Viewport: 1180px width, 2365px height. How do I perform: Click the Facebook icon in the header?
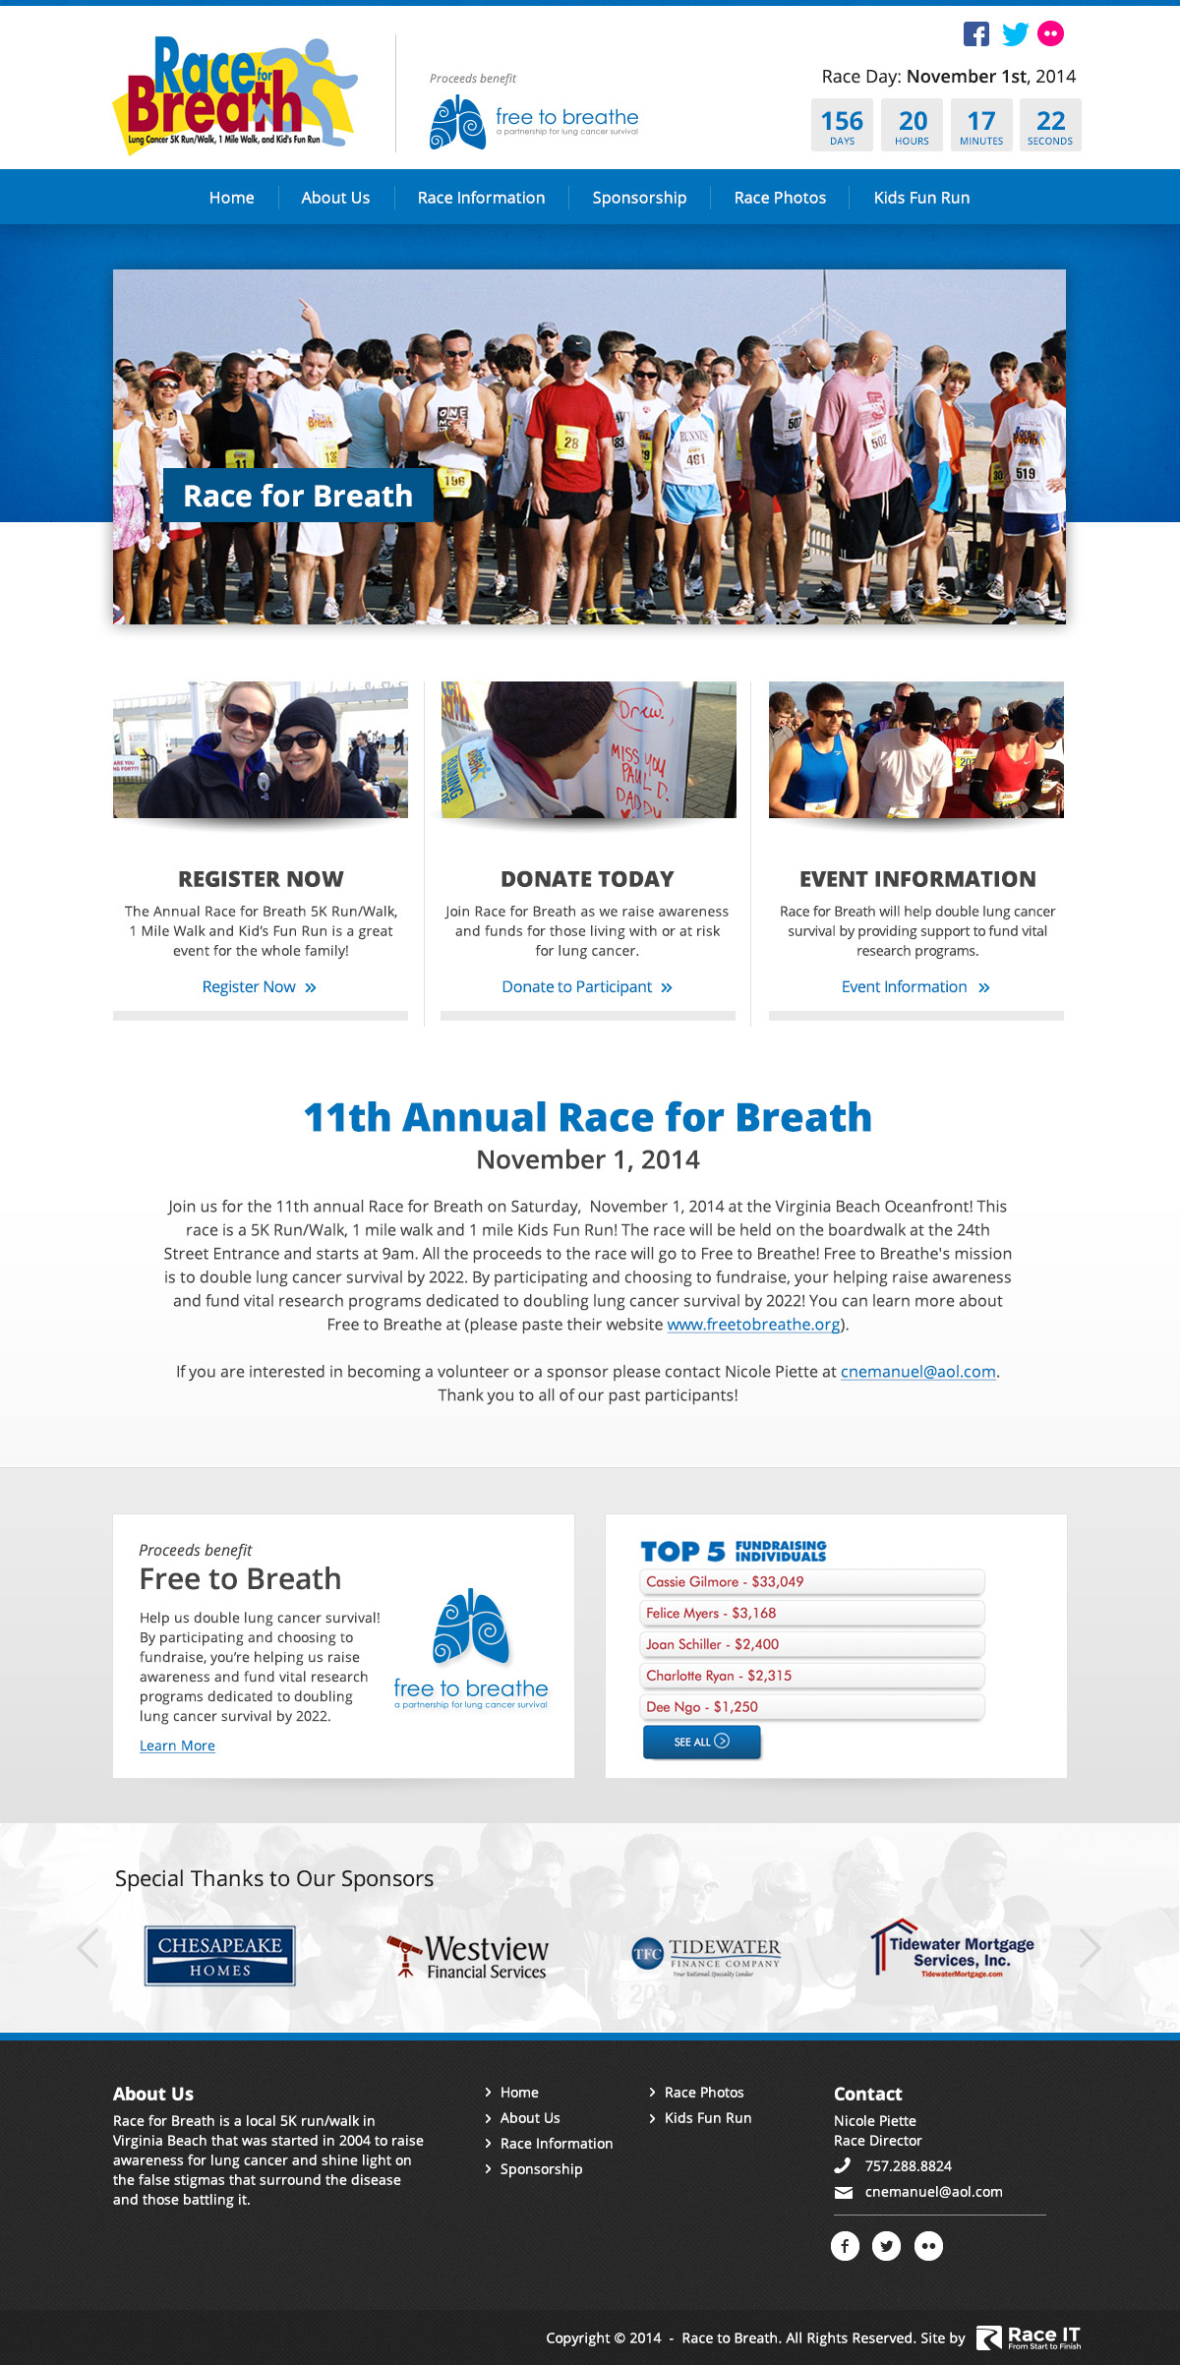click(x=975, y=33)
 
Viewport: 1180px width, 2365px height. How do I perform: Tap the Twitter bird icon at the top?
click(x=1015, y=33)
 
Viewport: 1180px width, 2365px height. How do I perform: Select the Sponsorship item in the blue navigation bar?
click(x=639, y=198)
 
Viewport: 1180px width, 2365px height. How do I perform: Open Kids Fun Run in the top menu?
click(x=921, y=198)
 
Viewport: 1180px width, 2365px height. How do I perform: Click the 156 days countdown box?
click(x=842, y=125)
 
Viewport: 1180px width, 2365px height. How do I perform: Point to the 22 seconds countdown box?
click(x=1050, y=125)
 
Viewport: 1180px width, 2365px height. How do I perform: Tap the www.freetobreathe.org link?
click(x=753, y=1325)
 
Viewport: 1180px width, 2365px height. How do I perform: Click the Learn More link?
click(x=177, y=1745)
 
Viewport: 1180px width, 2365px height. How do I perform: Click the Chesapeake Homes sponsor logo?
click(x=220, y=1956)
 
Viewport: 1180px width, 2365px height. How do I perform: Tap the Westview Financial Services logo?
click(x=469, y=1956)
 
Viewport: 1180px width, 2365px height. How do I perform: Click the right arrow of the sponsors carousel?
click(x=1090, y=1948)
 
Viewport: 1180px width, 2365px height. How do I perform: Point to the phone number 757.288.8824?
click(x=908, y=2166)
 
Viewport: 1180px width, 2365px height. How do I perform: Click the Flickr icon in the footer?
click(x=928, y=2246)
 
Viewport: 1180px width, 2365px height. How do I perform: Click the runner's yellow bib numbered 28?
click(x=570, y=443)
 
